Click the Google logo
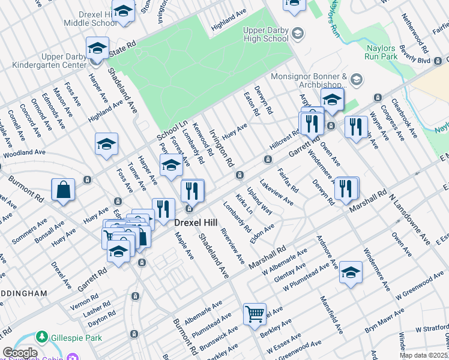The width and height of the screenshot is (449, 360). [20, 353]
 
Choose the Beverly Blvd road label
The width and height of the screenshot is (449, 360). [415, 61]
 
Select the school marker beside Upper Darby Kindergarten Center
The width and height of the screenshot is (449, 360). [97, 49]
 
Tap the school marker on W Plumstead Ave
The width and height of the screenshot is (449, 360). [351, 273]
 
